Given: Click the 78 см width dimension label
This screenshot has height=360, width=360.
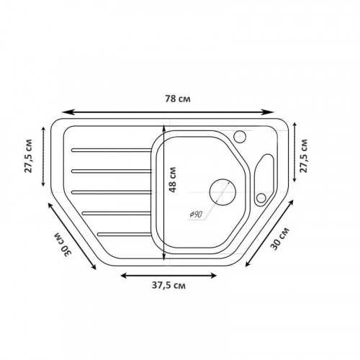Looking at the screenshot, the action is (x=178, y=99).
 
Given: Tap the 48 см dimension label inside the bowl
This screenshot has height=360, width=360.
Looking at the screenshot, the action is (x=172, y=180).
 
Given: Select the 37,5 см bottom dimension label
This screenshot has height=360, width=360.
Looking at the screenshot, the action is (x=168, y=286).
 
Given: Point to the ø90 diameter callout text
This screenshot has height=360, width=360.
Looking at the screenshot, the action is (x=196, y=215).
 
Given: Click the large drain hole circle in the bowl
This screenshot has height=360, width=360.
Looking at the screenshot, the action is (x=222, y=192).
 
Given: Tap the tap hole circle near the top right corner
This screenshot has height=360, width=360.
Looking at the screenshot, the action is (x=240, y=137).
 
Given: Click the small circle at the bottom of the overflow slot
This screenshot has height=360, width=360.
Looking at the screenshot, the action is (x=261, y=198).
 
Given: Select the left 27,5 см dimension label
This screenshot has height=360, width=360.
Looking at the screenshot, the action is (x=28, y=156).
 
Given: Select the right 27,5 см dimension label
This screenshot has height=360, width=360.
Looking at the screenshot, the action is (x=303, y=156).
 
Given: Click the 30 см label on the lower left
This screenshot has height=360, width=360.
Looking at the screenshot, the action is (x=63, y=244).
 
